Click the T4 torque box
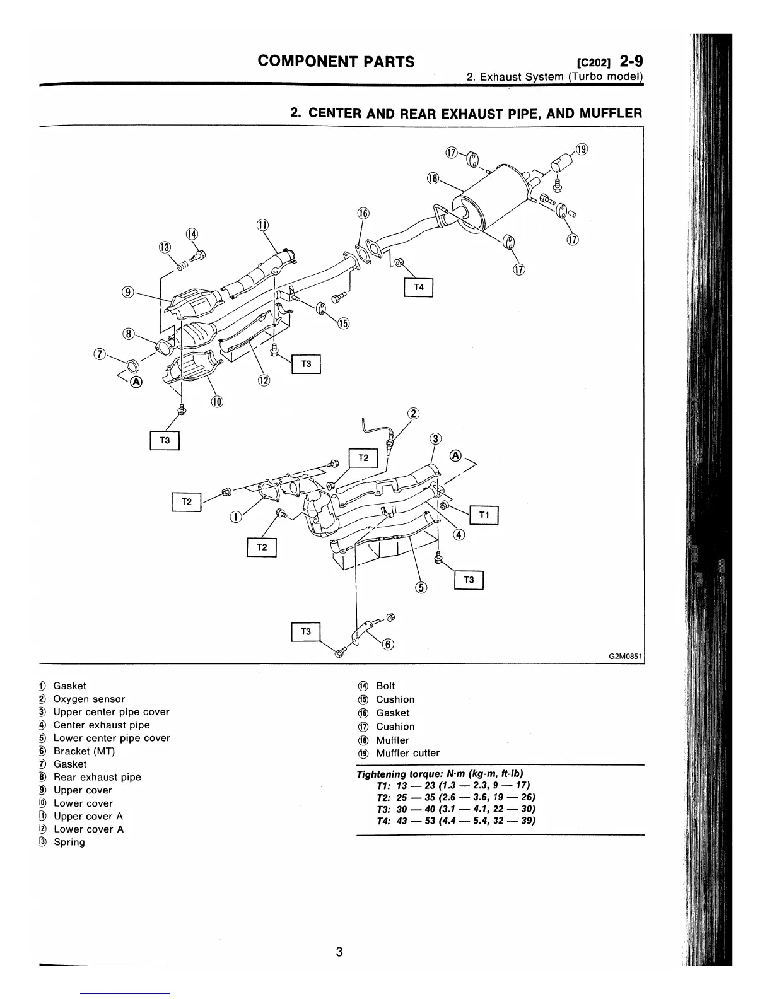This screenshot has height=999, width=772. click(418, 288)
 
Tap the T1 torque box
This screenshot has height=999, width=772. click(484, 515)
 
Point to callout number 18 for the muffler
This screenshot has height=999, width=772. click(433, 178)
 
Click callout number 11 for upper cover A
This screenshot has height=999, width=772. click(262, 226)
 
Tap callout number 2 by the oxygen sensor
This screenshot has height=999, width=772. click(413, 414)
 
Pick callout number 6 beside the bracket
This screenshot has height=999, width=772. click(389, 644)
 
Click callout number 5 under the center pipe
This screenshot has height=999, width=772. click(421, 588)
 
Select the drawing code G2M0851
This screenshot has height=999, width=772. click(624, 656)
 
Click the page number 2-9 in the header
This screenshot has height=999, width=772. click(631, 61)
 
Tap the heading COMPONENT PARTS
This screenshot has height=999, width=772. click(336, 61)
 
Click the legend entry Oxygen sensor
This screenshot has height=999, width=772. click(89, 699)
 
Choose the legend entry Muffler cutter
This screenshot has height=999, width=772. click(407, 753)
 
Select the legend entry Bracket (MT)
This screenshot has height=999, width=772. click(84, 751)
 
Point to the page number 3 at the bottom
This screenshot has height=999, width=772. click(339, 952)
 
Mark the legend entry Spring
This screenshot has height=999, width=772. click(69, 842)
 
